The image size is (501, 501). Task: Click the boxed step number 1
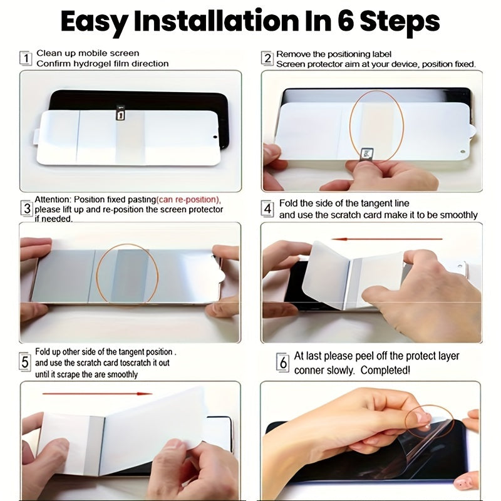26,58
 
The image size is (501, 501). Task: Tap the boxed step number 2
267,58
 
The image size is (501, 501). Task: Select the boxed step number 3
27,209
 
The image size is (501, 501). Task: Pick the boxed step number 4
267,209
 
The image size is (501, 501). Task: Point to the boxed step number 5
25,362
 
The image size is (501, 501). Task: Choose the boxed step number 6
283,363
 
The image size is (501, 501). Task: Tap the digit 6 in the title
346,21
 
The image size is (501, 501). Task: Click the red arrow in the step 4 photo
386,239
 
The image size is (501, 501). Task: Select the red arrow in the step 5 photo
98,394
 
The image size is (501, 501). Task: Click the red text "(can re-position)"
189,199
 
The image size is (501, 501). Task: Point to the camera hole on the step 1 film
215,137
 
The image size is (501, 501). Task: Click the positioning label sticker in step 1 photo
120,114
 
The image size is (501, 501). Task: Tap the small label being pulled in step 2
365,153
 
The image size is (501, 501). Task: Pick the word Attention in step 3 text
53,199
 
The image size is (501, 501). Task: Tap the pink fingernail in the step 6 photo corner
462,484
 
